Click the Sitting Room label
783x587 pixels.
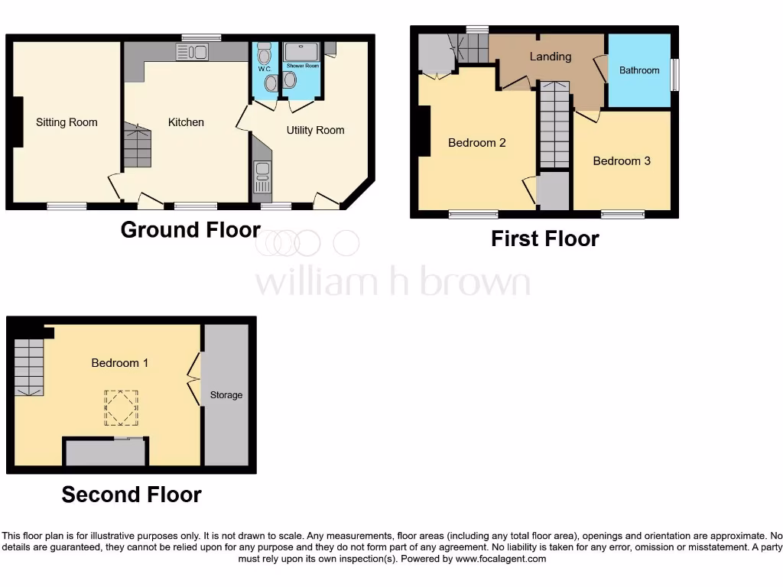click(67, 122)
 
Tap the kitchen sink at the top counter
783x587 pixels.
click(192, 52)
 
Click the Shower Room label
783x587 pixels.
click(303, 66)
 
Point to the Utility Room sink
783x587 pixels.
click(262, 177)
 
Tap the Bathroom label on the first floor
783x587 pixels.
click(639, 70)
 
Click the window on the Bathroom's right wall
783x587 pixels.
click(675, 75)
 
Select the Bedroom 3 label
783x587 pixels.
click(622, 161)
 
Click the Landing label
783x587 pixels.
click(551, 57)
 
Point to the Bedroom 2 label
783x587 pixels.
click(477, 142)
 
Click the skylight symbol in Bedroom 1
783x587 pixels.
click(122, 407)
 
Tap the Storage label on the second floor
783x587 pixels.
click(226, 395)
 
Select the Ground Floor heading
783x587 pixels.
click(190, 229)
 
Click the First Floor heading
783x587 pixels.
click(544, 238)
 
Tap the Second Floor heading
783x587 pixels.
click(132, 495)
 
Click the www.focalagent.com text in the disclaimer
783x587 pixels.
click(502, 559)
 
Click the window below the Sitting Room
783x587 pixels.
click(67, 206)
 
